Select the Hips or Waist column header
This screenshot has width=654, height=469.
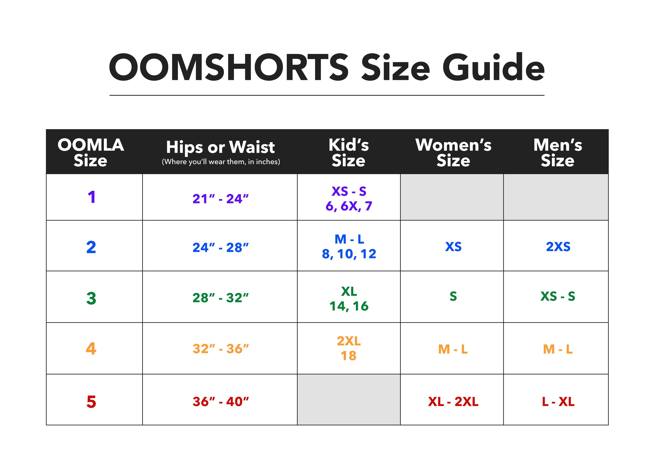(x=221, y=147)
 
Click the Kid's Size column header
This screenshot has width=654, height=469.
(x=349, y=152)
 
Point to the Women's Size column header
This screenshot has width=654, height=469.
(x=453, y=152)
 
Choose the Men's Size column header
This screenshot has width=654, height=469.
(x=558, y=152)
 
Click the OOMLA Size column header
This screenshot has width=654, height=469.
(x=91, y=152)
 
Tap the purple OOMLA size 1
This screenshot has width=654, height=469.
(x=91, y=197)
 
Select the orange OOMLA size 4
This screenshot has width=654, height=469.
(x=91, y=349)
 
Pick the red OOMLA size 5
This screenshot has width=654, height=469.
(x=91, y=402)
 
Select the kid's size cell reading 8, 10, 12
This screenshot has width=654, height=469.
(x=349, y=254)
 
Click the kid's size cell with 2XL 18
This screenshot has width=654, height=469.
(x=349, y=349)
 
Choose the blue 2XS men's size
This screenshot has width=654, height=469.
(x=558, y=247)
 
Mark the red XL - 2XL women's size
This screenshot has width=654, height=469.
(x=453, y=402)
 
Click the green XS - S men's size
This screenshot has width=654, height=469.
(x=558, y=296)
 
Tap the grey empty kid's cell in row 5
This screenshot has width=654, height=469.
(x=349, y=400)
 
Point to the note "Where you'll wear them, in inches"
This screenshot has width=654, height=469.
(x=221, y=162)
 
